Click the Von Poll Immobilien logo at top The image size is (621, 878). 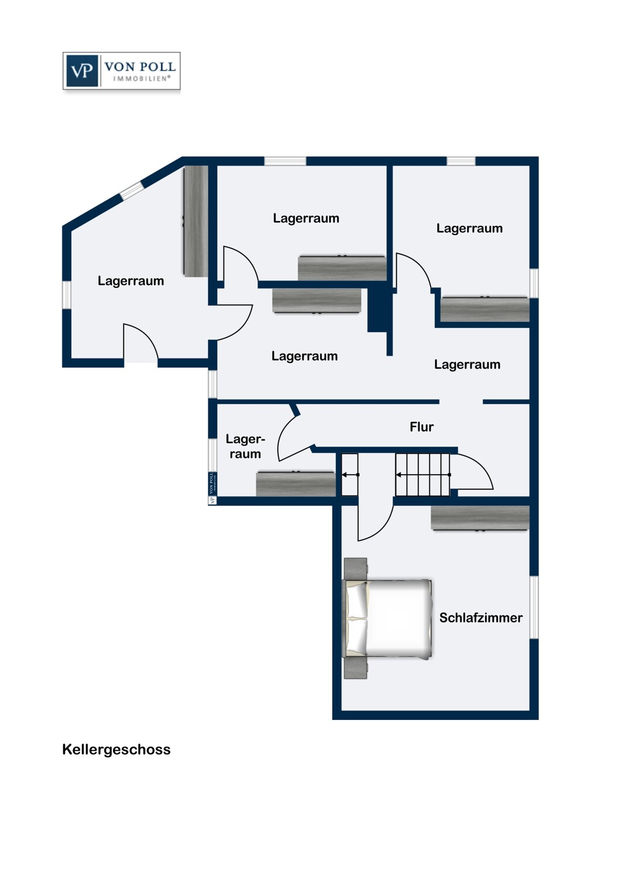[x=122, y=71]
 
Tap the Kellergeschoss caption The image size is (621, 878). [x=116, y=749]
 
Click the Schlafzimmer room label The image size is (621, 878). [x=481, y=618]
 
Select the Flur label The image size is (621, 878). [x=422, y=427]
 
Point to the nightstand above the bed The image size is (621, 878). [x=356, y=569]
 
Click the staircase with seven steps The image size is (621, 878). [x=422, y=475]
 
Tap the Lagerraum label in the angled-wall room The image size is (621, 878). [x=131, y=281]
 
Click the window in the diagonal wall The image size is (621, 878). [x=131, y=191]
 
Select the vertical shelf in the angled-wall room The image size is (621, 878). [x=195, y=221]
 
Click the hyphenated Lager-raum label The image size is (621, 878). [x=245, y=447]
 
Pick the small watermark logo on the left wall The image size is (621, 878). [x=212, y=488]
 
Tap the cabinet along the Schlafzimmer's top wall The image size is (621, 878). [x=480, y=518]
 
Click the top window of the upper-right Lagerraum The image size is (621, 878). [x=461, y=161]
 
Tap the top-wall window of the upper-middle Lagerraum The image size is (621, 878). [x=285, y=161]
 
